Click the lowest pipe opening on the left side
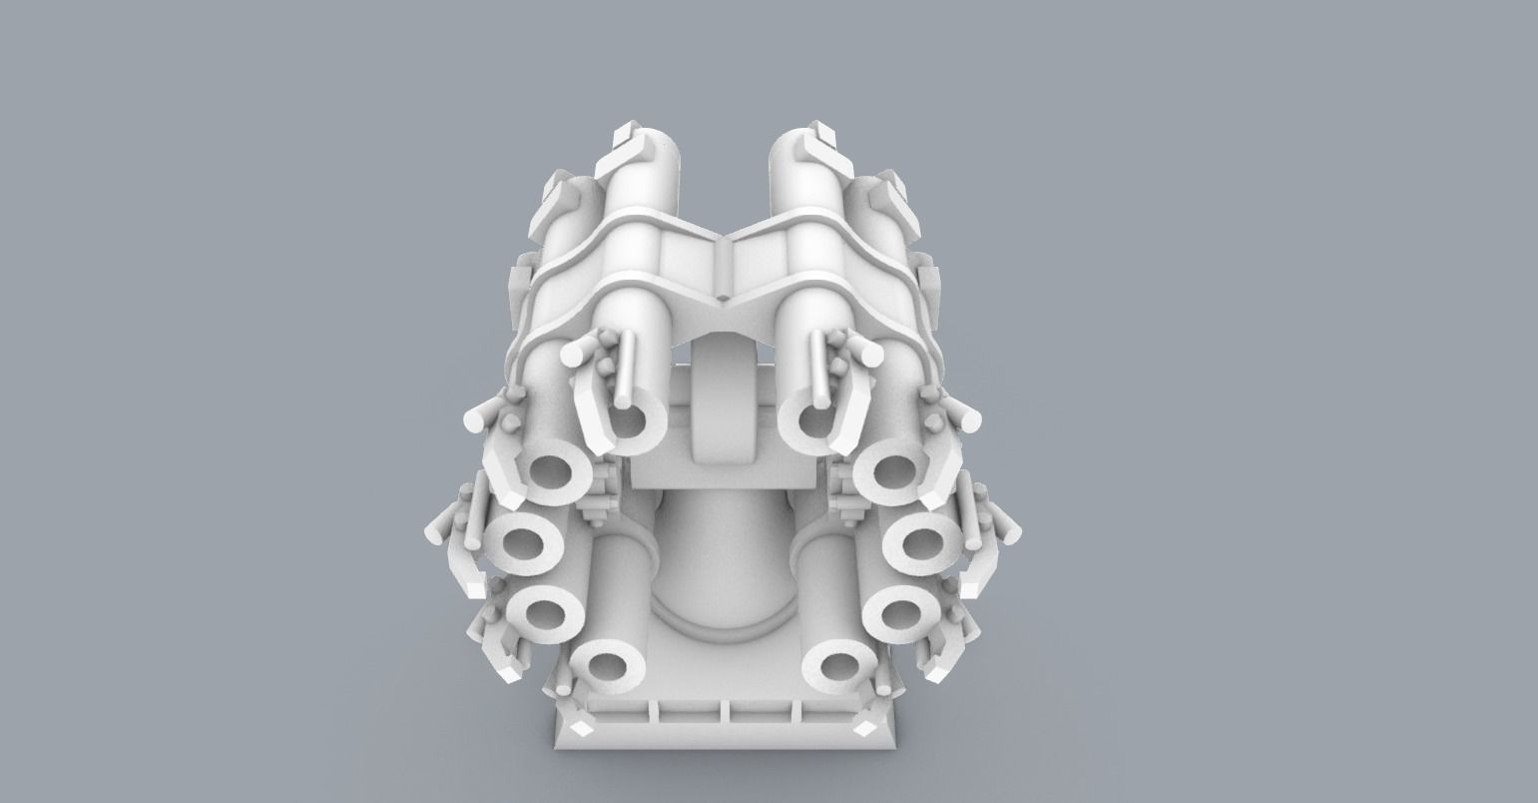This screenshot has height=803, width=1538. pyautogui.click(x=607, y=665)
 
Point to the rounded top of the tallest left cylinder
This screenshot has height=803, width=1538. pyautogui.click(x=654, y=145)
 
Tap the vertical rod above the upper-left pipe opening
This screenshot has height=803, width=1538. pyautogui.click(x=625, y=365)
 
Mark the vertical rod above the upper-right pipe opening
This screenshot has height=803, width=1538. pyautogui.click(x=818, y=365)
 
